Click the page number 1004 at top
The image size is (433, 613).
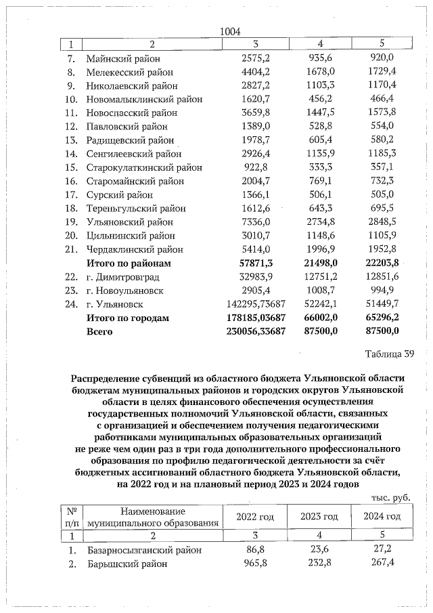click(231, 30)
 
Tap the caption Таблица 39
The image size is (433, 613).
click(387, 354)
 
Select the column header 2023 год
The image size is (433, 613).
click(318, 517)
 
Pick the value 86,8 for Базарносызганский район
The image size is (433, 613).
click(256, 550)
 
